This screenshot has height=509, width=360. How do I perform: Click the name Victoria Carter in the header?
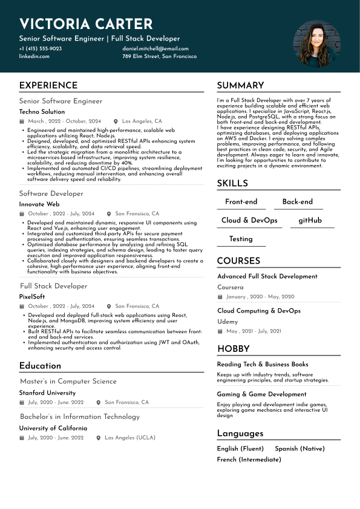tap(86, 24)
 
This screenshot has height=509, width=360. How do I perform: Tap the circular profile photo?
tap(313, 44)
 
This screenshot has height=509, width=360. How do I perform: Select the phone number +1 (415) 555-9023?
tap(41, 49)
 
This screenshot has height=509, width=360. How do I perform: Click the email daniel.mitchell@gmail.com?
tap(155, 49)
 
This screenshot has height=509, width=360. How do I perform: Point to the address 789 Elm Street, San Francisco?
tap(159, 56)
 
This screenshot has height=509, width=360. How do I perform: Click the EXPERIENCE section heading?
tap(48, 86)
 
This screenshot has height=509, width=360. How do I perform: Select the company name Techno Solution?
tap(42, 112)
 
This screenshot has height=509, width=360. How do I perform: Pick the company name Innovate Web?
tap(39, 204)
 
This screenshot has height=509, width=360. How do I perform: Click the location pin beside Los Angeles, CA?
tap(116, 122)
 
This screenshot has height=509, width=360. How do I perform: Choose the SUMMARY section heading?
tap(240, 86)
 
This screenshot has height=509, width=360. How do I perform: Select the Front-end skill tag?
tap(241, 202)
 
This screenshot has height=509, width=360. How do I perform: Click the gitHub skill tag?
tap(310, 221)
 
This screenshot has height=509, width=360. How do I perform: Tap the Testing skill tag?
tap(241, 239)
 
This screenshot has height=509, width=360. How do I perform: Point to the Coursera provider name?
tap(231, 287)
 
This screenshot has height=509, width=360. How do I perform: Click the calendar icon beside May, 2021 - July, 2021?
tap(220, 331)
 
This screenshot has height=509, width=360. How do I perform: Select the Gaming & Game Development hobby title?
tap(261, 394)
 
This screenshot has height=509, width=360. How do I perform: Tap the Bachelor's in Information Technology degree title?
tap(79, 417)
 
